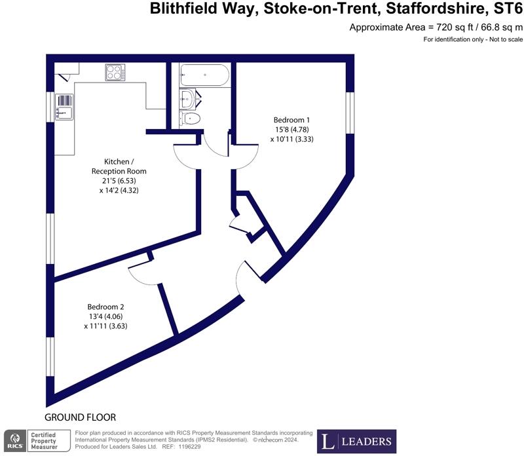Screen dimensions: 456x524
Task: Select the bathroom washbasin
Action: coord(187,100)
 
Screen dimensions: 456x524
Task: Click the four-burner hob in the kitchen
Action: coord(115,73)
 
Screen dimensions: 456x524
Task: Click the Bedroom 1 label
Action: coord(291,120)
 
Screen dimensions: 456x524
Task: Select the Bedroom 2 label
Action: coord(105,307)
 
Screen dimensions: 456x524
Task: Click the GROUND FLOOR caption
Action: coord(80,417)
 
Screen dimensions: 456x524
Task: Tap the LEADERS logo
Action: coord(357,442)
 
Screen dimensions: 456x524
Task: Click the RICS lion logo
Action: coord(14,441)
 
